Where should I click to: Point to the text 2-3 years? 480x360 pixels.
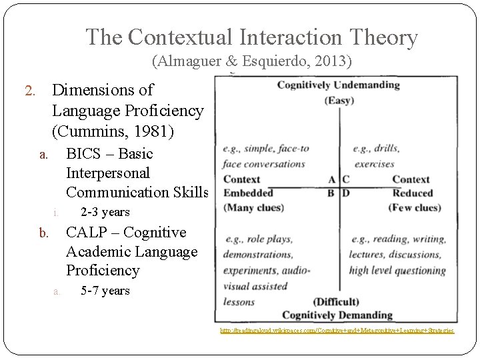tap(105, 213)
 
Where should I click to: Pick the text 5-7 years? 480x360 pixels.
tap(105, 291)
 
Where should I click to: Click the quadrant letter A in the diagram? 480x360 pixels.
tap(332, 179)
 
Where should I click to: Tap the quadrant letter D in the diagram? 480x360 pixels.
tap(346, 193)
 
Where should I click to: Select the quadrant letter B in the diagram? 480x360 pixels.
tap(332, 193)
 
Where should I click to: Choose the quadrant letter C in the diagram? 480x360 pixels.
tap(346, 179)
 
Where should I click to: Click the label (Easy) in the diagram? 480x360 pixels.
tap(339, 100)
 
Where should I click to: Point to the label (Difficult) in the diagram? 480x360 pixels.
tap(339, 301)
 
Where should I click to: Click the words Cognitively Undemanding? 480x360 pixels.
tap(338, 85)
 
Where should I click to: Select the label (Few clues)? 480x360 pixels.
tap(415, 207)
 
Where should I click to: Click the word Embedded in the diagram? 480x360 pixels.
tap(248, 193)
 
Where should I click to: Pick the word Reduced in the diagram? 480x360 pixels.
tap(412, 193)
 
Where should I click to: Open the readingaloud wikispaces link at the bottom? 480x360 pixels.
tap(337, 330)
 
